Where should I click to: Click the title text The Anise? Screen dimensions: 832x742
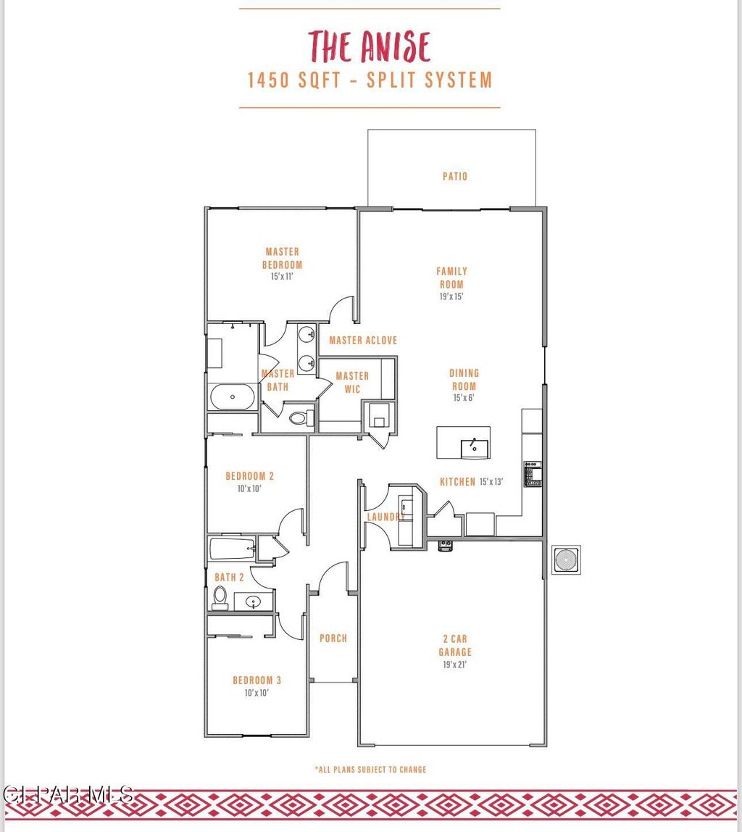click(369, 46)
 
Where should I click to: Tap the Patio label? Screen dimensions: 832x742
click(455, 176)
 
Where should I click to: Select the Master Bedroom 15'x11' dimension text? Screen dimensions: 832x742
click(282, 276)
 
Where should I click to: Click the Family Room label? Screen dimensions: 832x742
click(451, 278)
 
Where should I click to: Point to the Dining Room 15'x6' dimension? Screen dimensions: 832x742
click(464, 397)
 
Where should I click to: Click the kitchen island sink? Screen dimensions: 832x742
click(475, 448)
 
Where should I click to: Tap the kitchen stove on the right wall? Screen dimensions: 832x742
click(533, 473)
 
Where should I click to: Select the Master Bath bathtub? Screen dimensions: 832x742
click(232, 396)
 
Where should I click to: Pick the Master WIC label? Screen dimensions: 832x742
click(352, 382)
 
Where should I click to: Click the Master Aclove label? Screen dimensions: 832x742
click(363, 340)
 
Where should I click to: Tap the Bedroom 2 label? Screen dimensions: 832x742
click(249, 476)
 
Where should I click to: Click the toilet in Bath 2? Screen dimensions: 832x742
click(220, 597)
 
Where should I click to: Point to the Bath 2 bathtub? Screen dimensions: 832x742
click(232, 549)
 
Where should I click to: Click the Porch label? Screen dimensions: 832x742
click(333, 638)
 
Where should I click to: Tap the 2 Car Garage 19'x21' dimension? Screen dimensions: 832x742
click(455, 664)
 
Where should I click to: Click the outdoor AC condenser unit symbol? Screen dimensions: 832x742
click(566, 559)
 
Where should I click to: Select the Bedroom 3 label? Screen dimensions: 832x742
click(257, 681)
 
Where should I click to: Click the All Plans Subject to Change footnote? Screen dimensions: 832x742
click(370, 769)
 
